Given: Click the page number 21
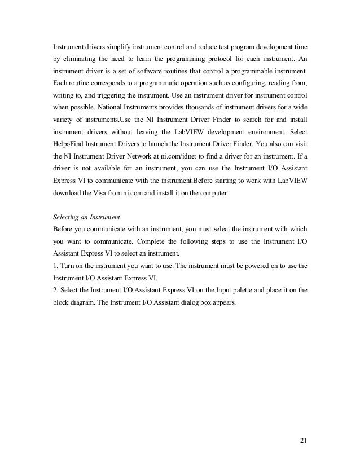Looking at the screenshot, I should [x=305, y=440].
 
